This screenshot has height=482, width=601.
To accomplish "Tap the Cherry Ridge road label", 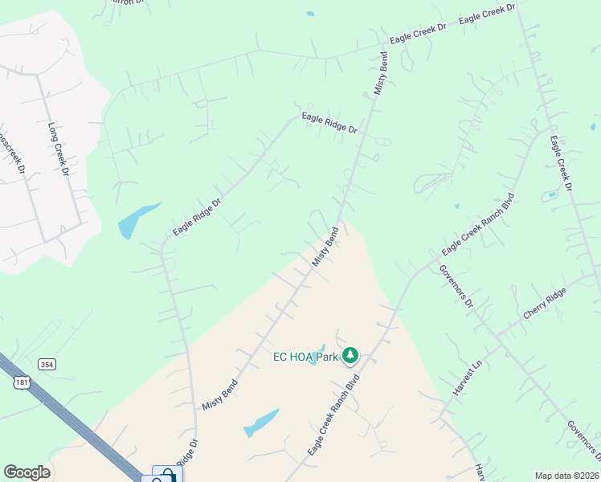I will coord(545,303).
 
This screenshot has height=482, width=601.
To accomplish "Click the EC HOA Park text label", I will coord(305,356).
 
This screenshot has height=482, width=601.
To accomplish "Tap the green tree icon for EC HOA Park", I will coord(350,355).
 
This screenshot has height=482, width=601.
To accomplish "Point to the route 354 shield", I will coord(48,365).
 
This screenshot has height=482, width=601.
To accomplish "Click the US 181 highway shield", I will coord(22,382).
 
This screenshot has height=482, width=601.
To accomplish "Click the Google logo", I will coord(27,472).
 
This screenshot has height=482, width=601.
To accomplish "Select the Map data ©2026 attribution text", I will coord(567,475).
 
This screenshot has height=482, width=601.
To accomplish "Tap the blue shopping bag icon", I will coord(163,476).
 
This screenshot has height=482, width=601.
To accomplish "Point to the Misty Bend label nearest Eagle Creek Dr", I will coord(382,74).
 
